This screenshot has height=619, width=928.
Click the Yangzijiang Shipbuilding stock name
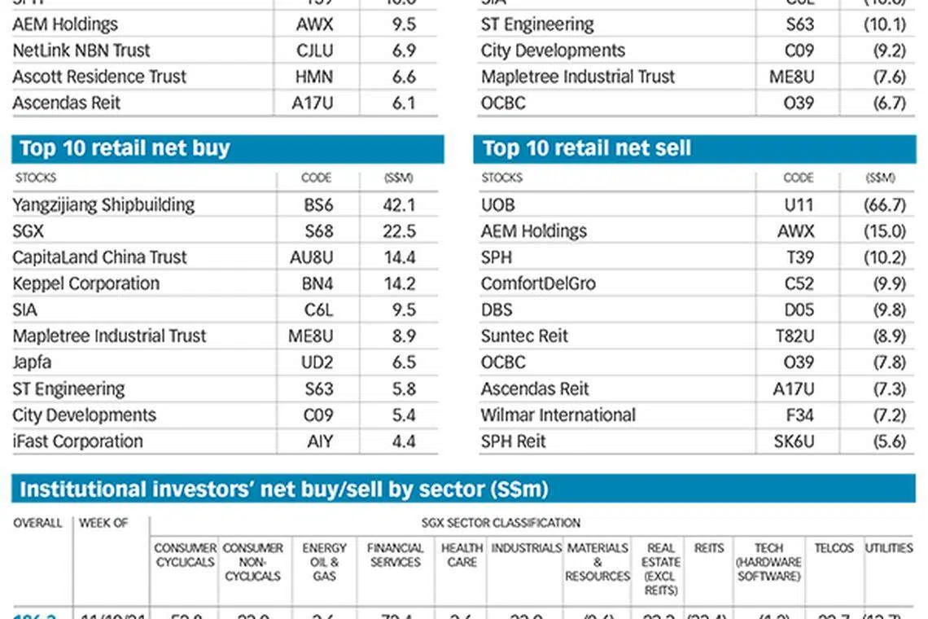[x=103, y=204]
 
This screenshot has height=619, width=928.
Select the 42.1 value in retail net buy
[x=399, y=204]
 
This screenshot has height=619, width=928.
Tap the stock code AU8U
[x=312, y=257]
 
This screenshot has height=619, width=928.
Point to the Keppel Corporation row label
[x=85, y=283]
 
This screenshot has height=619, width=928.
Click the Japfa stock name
[x=33, y=362]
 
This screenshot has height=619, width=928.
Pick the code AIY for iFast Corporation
[x=319, y=441]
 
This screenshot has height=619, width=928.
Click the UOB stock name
[x=497, y=204]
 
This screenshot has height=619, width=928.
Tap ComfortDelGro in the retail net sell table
[x=538, y=283]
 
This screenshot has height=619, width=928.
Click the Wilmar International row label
[x=558, y=415]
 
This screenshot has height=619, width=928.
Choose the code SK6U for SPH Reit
[x=793, y=441]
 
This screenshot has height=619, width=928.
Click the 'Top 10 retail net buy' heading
[x=125, y=148]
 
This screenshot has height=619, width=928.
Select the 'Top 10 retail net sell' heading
[x=586, y=148]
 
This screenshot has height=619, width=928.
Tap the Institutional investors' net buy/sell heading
[x=283, y=489]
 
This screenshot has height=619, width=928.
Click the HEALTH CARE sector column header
[x=462, y=555]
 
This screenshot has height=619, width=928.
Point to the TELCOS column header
[x=834, y=548]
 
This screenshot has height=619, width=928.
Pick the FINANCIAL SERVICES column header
[x=395, y=555]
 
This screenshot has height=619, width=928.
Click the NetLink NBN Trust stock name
[x=81, y=50]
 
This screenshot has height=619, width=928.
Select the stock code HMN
[x=314, y=77]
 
